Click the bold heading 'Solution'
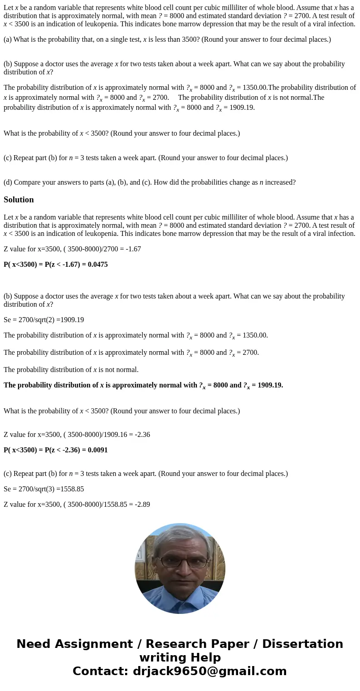pyautogui.click(x=19, y=200)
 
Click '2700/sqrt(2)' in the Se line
pyautogui.click(x=34, y=320)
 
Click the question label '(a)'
pyautogui.click(x=8, y=39)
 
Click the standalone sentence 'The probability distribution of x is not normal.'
pyautogui.click(x=71, y=370)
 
